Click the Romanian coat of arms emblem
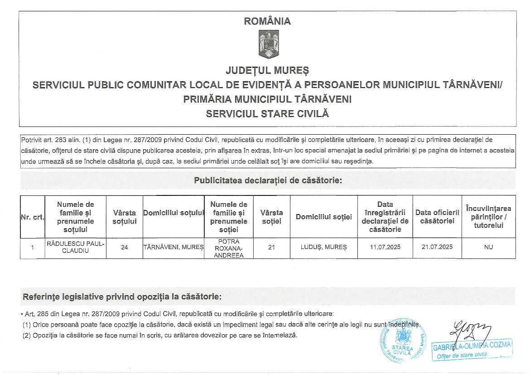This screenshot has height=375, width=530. click(x=268, y=44)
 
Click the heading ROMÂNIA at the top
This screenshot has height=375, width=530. click(x=267, y=21)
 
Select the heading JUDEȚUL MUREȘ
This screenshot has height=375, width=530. click(x=267, y=71)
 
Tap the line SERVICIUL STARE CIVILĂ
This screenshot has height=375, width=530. click(x=267, y=114)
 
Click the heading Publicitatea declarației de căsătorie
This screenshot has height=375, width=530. click(x=268, y=180)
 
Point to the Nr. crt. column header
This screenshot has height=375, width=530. click(x=33, y=217)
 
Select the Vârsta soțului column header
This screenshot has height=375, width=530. click(x=125, y=217)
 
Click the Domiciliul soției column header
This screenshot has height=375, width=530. click(x=324, y=217)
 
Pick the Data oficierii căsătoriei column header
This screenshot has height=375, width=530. click(x=437, y=217)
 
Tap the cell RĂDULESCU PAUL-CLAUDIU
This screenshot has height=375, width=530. click(x=76, y=248)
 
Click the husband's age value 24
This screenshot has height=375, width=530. click(x=125, y=248)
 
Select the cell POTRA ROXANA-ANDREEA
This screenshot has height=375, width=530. click(x=229, y=248)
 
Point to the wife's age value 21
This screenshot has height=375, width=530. click(x=272, y=248)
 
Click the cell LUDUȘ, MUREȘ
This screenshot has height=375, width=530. click(x=324, y=248)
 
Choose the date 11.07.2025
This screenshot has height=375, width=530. click(x=385, y=248)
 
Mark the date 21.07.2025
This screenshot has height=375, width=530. click(x=437, y=248)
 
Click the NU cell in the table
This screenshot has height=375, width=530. click(x=488, y=248)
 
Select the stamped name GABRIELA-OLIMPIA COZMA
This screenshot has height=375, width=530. click(x=472, y=346)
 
